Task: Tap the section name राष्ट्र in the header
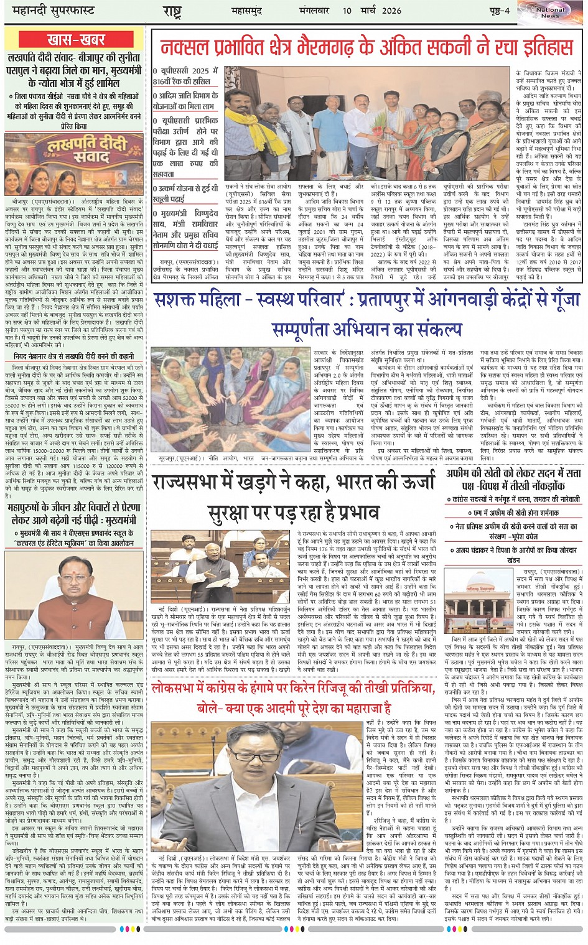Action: pyautogui.click(x=172, y=12)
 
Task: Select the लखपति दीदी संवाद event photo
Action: pyautogui.click(x=75, y=164)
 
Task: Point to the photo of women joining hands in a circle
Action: pyautogui.click(x=230, y=401)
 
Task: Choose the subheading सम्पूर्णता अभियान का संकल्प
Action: pyautogui.click(x=367, y=328)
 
